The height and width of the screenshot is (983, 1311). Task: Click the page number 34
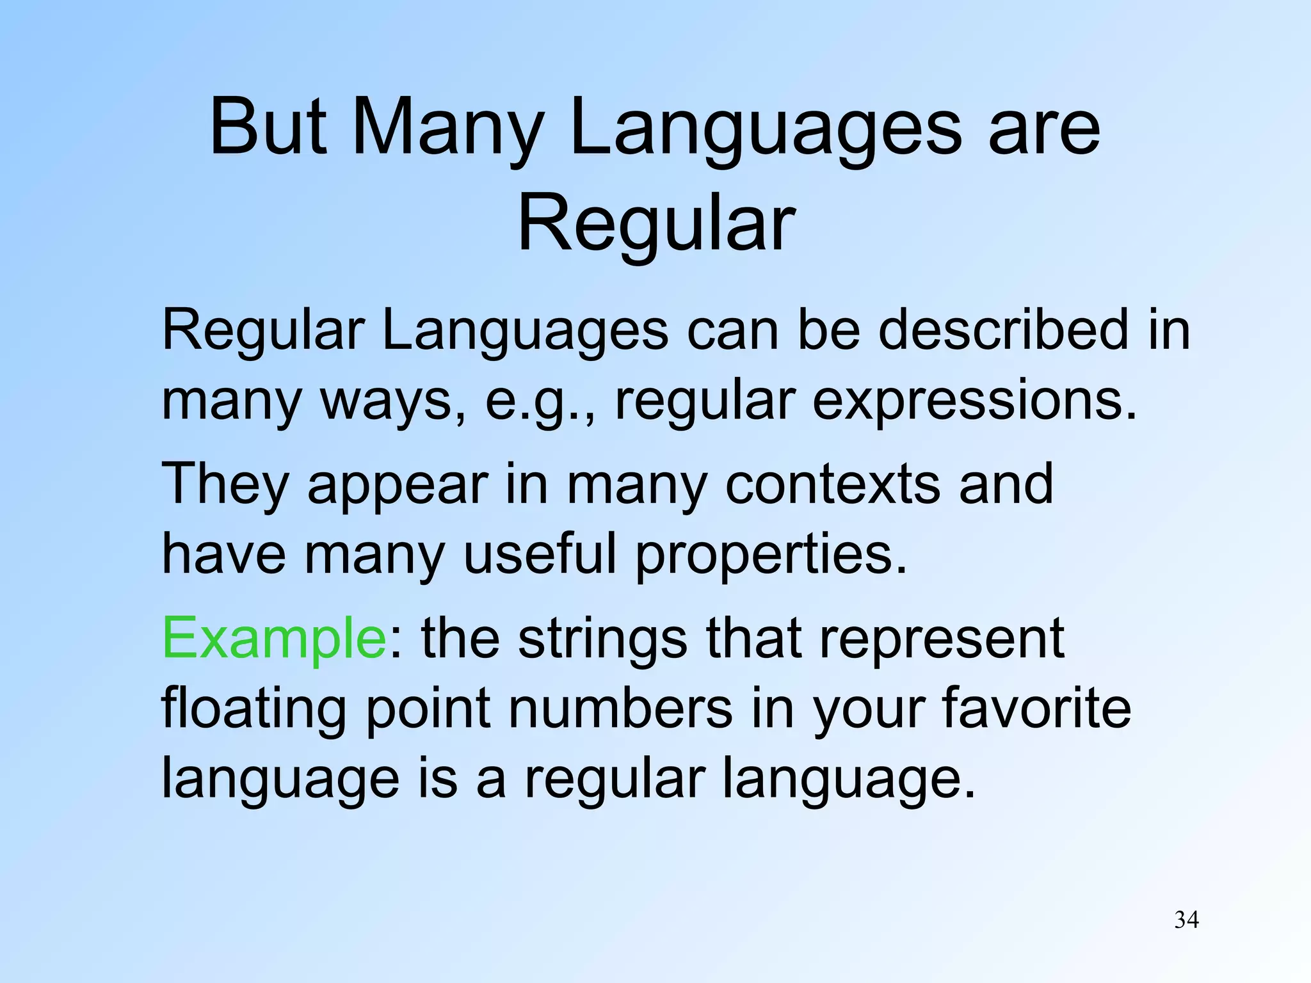click(1186, 920)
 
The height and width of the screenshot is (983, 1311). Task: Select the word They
click(225, 484)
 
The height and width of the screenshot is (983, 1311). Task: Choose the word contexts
click(832, 484)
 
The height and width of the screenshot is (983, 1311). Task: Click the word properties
click(771, 555)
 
